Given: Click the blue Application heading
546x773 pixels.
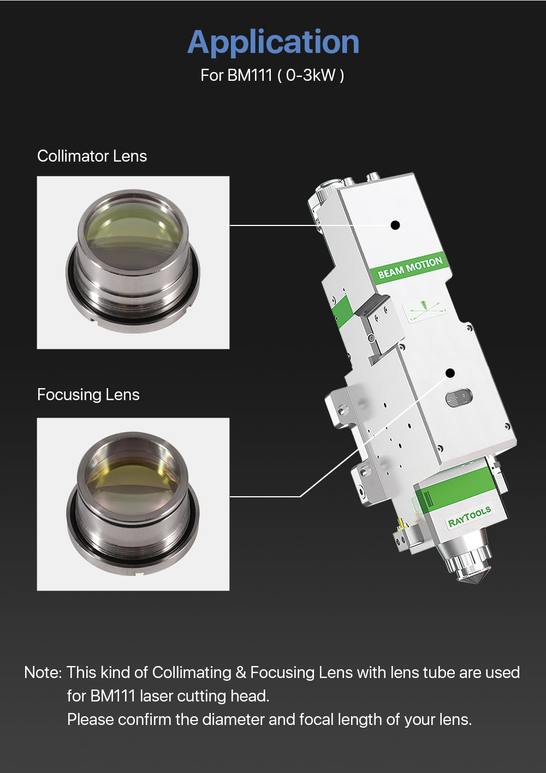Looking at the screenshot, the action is tap(274, 43).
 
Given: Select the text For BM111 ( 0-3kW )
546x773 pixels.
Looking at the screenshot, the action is tap(272, 75).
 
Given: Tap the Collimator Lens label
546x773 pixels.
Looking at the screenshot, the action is tap(92, 156).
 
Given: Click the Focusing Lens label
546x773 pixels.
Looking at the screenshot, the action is tap(88, 395).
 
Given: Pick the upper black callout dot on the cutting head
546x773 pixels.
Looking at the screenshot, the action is tap(395, 225).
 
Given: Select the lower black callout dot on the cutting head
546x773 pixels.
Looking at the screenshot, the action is tap(450, 373).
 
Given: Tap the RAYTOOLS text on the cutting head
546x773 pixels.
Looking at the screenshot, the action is tap(470, 516).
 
